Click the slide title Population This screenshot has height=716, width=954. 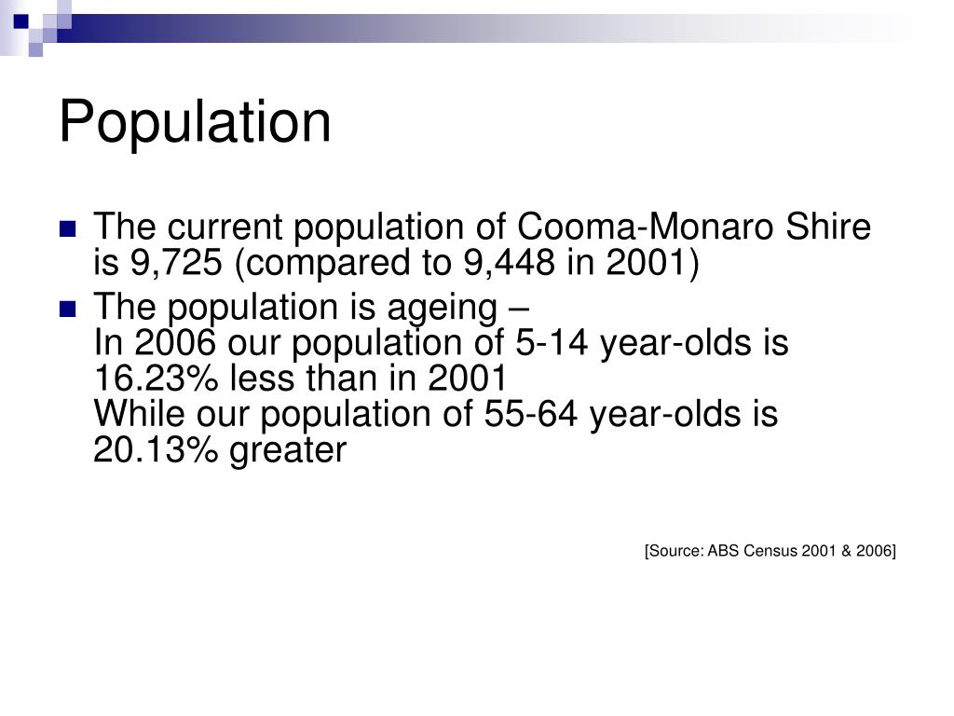tap(195, 122)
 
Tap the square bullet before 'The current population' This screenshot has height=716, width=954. tap(67, 228)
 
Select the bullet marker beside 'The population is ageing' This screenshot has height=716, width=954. tap(67, 309)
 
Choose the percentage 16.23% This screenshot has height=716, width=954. tap(157, 379)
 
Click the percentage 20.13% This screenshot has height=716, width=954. tap(157, 451)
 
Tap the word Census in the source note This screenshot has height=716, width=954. tap(770, 551)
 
